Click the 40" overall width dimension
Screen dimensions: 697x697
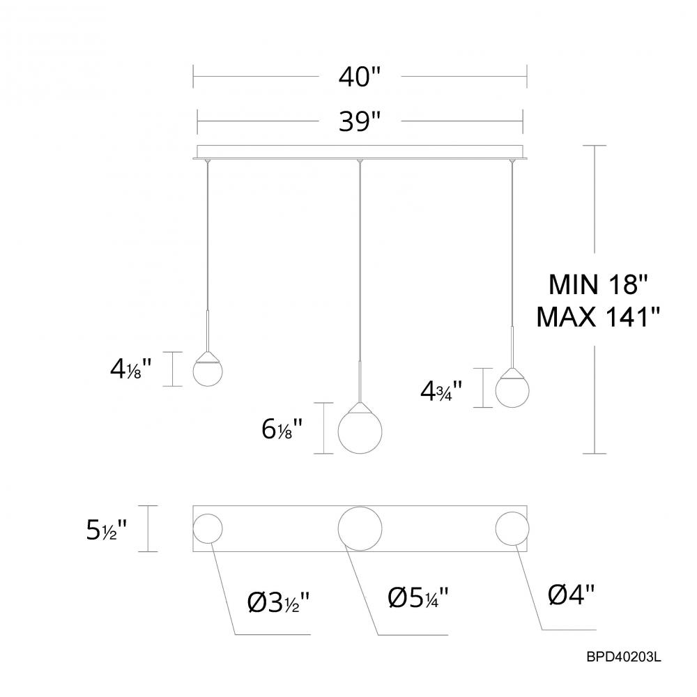pyautogui.click(x=359, y=76)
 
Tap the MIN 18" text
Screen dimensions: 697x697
pyautogui.click(x=599, y=284)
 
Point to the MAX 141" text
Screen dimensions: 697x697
pyautogui.click(x=599, y=318)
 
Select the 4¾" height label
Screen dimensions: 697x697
pyautogui.click(x=441, y=390)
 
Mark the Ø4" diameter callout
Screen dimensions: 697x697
pyautogui.click(x=572, y=594)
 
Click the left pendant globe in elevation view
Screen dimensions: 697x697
pyautogui.click(x=208, y=372)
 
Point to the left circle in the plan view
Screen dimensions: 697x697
pyautogui.click(x=208, y=528)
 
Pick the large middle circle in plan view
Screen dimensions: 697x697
pyautogui.click(x=360, y=528)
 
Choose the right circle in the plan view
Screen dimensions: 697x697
pyautogui.click(x=512, y=528)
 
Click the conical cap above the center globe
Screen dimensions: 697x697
pyautogui.click(x=360, y=407)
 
